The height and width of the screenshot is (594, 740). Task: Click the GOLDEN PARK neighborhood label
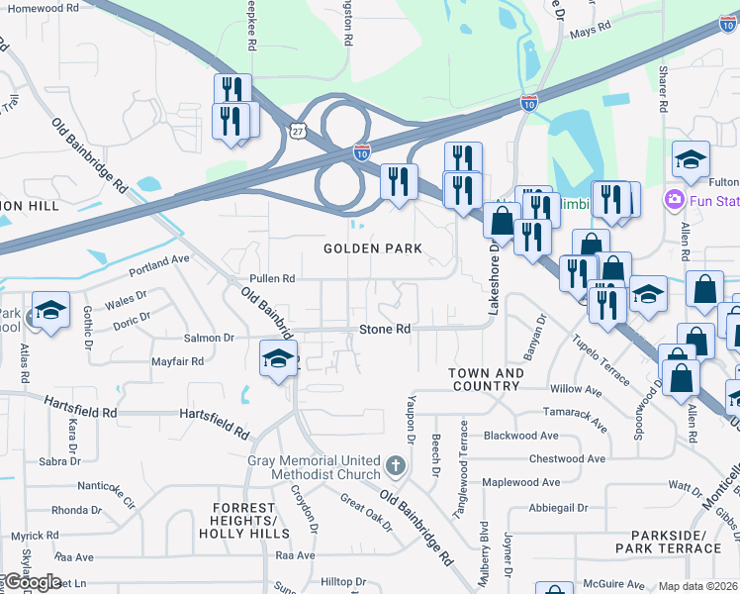coord(373,248)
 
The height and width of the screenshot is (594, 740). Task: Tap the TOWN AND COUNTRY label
coord(486,379)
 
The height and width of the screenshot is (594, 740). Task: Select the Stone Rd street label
coord(384,329)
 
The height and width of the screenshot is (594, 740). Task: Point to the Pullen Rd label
coord(272,279)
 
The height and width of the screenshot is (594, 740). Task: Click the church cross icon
coord(395,465)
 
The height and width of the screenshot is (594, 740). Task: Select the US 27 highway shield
coord(298,130)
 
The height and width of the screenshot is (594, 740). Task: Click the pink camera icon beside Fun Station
coord(675,201)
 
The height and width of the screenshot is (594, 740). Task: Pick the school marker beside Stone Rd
coord(279,358)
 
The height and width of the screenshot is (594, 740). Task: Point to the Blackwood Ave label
coord(521,436)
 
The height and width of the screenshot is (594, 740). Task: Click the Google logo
coord(32,582)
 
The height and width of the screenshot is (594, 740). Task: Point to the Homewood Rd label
coord(42,8)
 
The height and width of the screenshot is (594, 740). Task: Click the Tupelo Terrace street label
coord(599,360)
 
